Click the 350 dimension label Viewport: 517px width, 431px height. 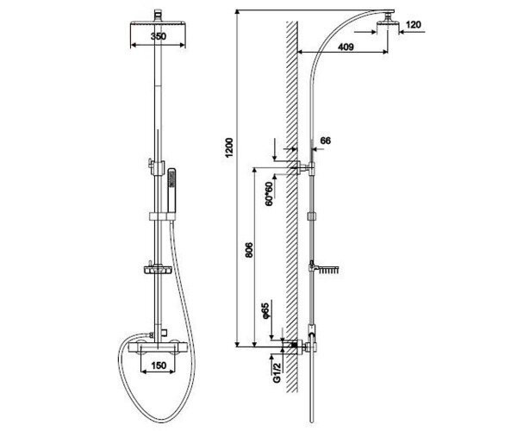pyautogui.click(x=159, y=36)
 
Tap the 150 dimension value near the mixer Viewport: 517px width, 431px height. pyautogui.click(x=159, y=365)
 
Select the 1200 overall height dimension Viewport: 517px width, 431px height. pyautogui.click(x=229, y=147)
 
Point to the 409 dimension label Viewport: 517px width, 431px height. pyautogui.click(x=346, y=47)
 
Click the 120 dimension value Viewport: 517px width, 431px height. pyautogui.click(x=413, y=25)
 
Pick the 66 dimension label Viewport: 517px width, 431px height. pyautogui.click(x=326, y=141)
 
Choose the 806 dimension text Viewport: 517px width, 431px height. pyautogui.click(x=249, y=250)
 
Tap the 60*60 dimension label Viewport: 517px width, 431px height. pyautogui.click(x=270, y=194)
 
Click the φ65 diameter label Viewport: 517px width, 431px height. pyautogui.click(x=265, y=310)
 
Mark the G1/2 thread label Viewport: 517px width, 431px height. pyautogui.click(x=277, y=372)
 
